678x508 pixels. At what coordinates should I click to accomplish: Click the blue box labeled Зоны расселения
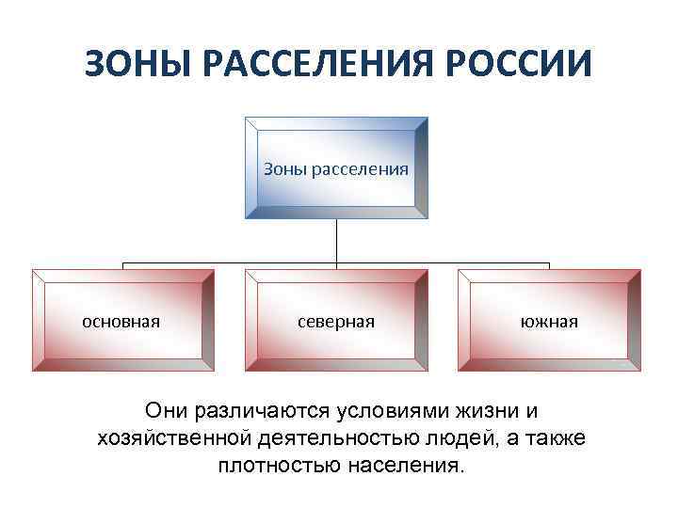click(336, 169)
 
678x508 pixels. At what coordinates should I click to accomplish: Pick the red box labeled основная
click(122, 321)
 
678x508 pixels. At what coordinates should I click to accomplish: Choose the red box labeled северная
click(336, 321)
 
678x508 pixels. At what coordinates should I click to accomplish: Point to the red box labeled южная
click(550, 321)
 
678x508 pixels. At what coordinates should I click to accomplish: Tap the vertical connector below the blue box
click(337, 242)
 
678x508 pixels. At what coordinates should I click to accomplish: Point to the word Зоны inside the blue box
click(284, 169)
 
